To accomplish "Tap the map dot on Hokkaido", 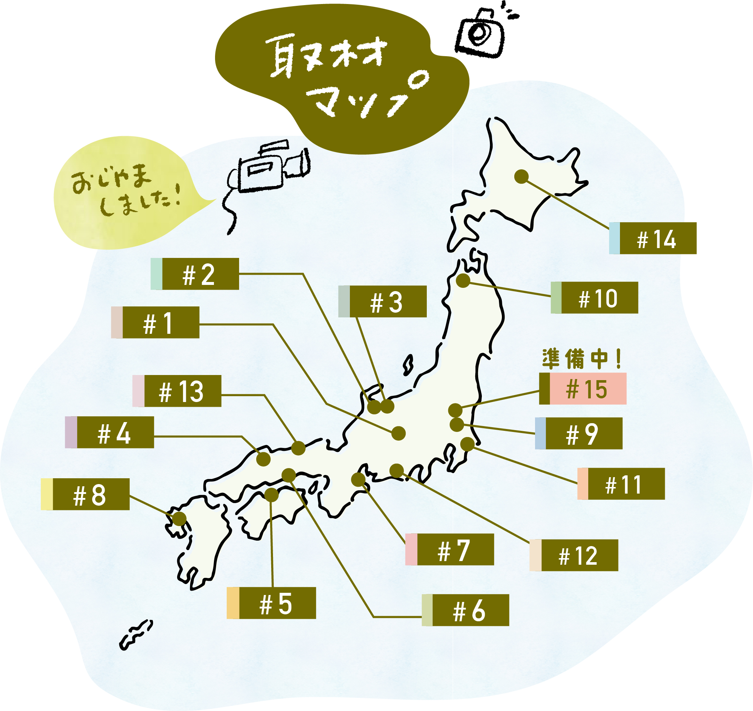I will pos(522,177).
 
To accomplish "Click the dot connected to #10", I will pos(463,281).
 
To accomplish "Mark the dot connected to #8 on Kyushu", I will pos(180,519).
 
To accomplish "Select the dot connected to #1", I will pos(398,433).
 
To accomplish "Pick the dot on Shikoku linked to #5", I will pos(271,495).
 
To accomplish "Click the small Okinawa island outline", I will pos(136,634).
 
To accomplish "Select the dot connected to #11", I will pos(467,444).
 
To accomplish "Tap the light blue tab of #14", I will pos(615,238).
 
